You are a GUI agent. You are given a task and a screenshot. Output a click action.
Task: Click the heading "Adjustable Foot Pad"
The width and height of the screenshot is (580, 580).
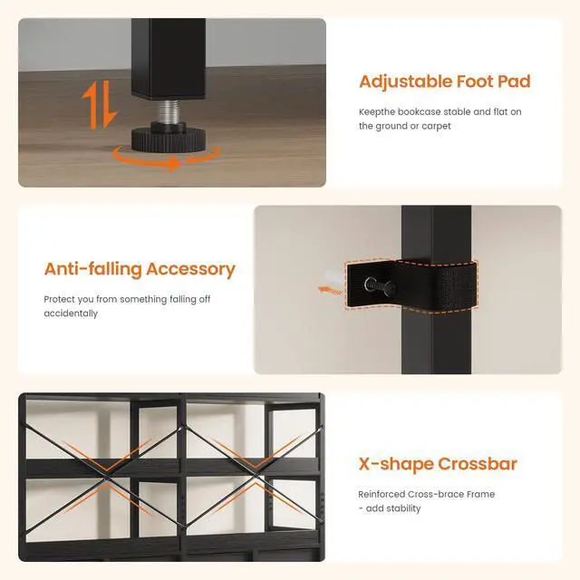pyautogui.click(x=445, y=82)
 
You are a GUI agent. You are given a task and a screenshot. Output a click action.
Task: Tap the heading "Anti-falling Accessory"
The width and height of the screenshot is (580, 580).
pyautogui.click(x=140, y=269)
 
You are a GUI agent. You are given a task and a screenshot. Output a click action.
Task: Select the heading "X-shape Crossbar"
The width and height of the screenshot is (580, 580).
pyautogui.click(x=438, y=464)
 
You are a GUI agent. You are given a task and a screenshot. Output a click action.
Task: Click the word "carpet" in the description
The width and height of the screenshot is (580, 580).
pyautogui.click(x=437, y=126)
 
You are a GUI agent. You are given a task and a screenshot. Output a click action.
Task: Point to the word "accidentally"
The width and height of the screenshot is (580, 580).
pyautogui.click(x=71, y=314)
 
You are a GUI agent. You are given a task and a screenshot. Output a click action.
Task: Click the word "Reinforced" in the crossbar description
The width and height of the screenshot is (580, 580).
pyautogui.click(x=381, y=494)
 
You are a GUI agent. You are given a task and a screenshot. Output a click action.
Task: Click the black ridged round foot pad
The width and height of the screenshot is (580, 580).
pyautogui.click(x=169, y=139)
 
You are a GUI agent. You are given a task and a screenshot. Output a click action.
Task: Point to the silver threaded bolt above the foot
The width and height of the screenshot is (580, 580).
pyautogui.click(x=169, y=111)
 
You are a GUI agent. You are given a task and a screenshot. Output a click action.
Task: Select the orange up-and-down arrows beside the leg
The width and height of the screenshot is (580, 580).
pyautogui.click(x=100, y=105)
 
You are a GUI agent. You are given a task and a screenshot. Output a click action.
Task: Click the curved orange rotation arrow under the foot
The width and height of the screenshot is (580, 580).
pyautogui.click(x=166, y=160)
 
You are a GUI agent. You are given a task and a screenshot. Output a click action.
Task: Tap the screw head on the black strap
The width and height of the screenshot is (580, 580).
pyautogui.click(x=371, y=285)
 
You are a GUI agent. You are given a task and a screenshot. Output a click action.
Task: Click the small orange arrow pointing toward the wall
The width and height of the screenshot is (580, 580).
pyautogui.click(x=330, y=290)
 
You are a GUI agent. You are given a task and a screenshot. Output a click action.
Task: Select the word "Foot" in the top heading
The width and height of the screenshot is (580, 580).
pyautogui.click(x=475, y=82)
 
